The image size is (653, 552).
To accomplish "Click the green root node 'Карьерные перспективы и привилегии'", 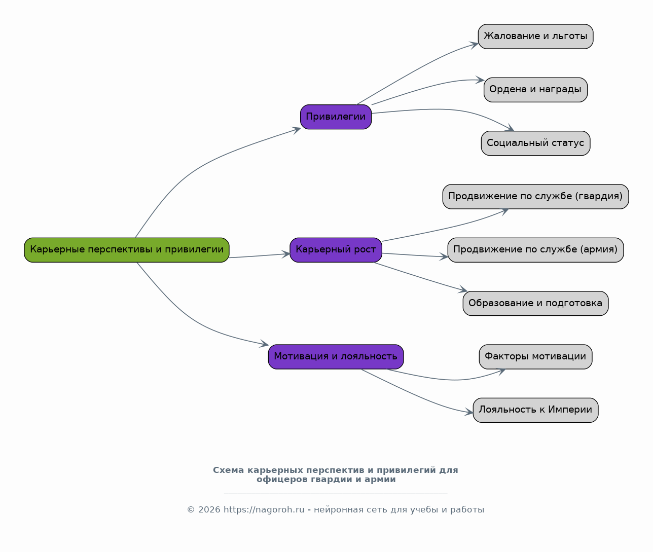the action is (x=127, y=250).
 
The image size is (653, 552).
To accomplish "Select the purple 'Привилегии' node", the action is (x=336, y=117).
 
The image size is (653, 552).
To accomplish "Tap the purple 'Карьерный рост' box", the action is (x=336, y=250).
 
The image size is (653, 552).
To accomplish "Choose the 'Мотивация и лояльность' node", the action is (x=336, y=357).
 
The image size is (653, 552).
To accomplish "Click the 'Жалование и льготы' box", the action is (x=535, y=36).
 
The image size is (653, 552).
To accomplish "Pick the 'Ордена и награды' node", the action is (x=535, y=90).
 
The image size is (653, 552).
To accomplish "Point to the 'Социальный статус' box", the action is (x=535, y=143).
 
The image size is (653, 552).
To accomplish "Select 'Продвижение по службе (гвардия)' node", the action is (x=535, y=197).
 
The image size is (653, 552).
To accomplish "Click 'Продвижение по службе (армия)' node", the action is (x=535, y=250).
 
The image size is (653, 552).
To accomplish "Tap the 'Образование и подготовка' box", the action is (x=535, y=304).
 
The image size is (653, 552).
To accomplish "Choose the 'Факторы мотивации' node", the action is (x=535, y=357).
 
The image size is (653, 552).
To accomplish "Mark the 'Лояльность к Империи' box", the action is (x=535, y=410).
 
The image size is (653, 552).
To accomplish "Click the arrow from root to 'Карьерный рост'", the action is (x=260, y=256).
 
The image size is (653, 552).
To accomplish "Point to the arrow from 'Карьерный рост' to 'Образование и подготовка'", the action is (x=420, y=277).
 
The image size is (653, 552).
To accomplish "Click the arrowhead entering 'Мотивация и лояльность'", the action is (x=264, y=344).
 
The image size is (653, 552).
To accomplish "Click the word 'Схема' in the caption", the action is (x=229, y=470).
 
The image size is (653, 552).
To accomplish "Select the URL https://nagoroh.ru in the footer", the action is (x=264, y=510).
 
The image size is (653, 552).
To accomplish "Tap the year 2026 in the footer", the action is (x=209, y=510).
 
